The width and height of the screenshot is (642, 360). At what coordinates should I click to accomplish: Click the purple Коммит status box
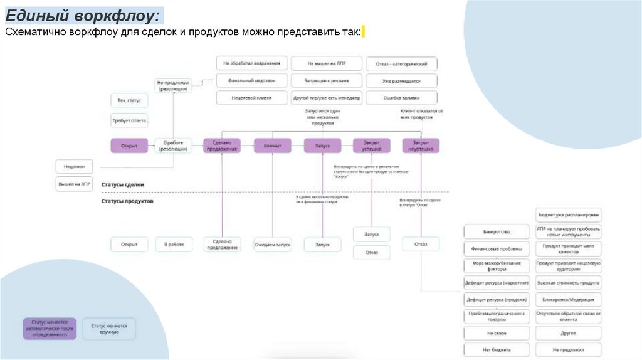pos(273,146)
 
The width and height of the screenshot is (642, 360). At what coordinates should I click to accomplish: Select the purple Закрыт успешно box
pos(371,146)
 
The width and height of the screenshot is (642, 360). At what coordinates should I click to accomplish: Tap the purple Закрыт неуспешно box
pos(421,146)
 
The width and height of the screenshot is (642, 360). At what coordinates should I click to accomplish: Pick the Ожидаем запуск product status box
pos(273,244)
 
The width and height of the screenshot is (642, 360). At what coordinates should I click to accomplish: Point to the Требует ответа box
pos(130,121)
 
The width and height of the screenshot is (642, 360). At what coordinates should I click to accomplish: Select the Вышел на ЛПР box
pos(75,184)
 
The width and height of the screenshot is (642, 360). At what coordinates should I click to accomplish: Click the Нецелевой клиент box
pos(252,98)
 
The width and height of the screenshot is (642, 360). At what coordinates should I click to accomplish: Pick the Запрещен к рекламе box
pos(326,80)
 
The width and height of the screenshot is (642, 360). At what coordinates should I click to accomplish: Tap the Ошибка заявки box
pos(401,98)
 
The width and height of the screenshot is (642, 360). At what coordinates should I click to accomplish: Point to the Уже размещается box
pos(401,80)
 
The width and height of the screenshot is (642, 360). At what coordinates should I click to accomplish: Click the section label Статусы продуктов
pos(127,201)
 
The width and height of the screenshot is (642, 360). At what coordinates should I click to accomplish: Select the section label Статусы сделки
pos(122,184)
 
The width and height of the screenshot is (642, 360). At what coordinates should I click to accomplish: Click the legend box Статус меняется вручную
pos(109,329)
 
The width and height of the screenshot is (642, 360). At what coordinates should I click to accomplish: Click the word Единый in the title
pos(37,14)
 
